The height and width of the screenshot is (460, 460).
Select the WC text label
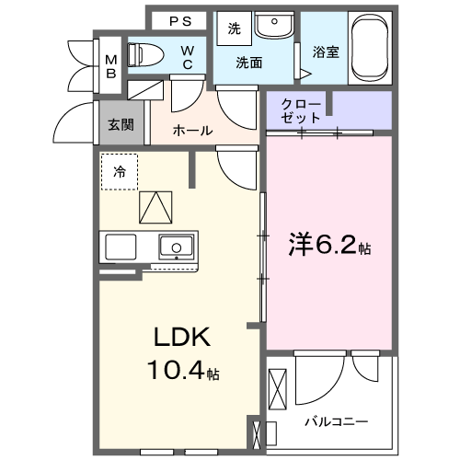(187, 56)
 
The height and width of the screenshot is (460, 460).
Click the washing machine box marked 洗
(234, 29)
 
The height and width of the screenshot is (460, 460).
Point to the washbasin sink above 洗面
(274, 27)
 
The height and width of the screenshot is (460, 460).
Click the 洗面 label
(247, 63)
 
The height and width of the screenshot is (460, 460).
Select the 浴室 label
(326, 52)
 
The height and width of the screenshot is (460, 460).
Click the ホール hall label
(193, 131)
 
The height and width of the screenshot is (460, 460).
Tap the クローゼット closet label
(302, 110)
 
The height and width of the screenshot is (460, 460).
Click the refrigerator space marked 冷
(120, 171)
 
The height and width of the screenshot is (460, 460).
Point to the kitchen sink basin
(175, 247)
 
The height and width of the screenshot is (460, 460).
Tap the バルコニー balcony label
(338, 421)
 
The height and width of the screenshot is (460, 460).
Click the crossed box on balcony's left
(280, 386)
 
